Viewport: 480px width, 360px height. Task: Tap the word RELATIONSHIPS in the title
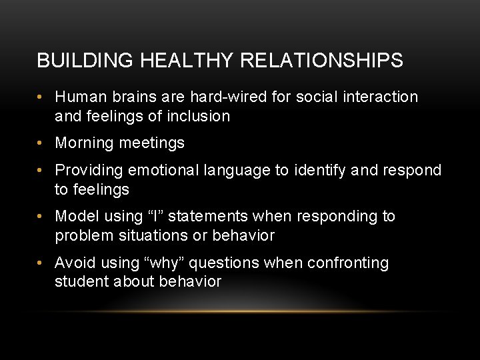(321, 61)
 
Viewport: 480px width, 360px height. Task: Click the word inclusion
(198, 116)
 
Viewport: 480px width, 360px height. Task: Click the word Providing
(89, 170)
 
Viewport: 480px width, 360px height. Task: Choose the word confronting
(347, 263)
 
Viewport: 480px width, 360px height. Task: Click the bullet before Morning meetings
(41, 143)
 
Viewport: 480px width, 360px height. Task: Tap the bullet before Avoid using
(41, 263)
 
